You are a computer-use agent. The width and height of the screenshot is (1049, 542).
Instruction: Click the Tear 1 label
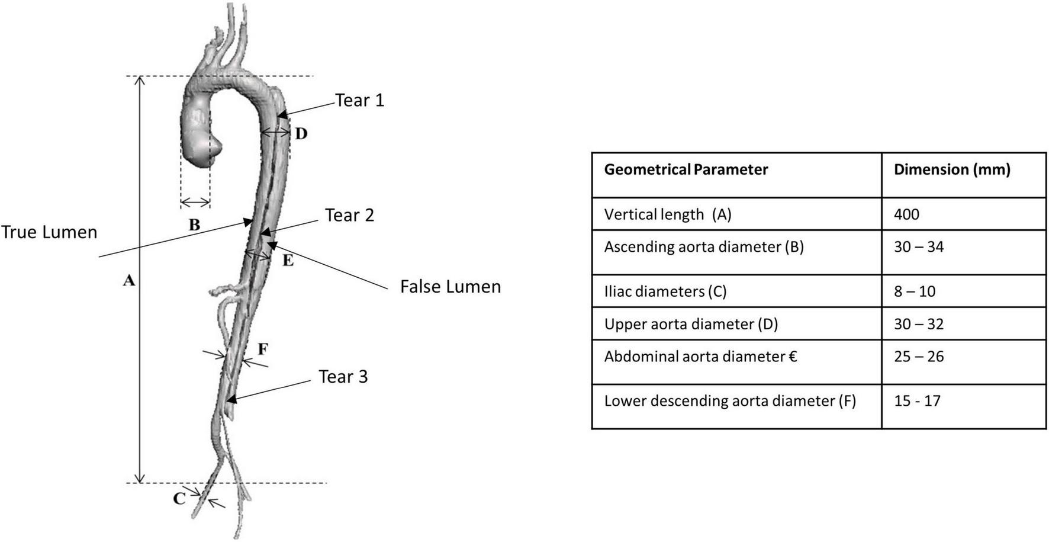pos(360,100)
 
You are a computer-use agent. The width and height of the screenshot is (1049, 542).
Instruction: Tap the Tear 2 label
pos(349,215)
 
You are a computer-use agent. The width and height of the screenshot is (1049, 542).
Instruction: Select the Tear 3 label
pos(343,377)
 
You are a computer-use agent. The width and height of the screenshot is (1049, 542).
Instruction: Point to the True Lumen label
pos(49,232)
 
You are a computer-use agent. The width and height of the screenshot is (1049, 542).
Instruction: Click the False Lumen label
pos(451,287)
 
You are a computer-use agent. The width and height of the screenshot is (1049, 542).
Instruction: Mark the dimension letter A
pos(129,280)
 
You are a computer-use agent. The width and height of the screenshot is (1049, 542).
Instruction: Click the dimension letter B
pos(194,225)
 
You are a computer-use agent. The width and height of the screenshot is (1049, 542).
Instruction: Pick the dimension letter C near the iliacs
pos(179,498)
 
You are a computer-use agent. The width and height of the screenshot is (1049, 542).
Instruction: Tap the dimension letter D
pos(301,134)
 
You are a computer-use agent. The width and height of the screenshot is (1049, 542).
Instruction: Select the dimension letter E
pos(288,260)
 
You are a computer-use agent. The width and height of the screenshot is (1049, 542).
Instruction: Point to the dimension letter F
pos(263,349)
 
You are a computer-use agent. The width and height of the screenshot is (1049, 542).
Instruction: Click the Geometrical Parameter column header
pos(686,169)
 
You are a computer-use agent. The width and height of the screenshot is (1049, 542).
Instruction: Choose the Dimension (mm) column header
pos(952,169)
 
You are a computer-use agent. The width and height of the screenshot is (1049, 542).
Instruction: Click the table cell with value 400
pos(906,214)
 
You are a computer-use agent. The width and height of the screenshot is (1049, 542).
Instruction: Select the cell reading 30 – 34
pos(919,246)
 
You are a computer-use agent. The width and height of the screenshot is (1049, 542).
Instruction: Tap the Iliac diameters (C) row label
pos(665,291)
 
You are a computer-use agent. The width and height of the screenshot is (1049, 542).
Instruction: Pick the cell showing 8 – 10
pos(915,291)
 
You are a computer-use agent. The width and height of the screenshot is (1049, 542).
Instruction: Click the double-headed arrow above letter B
pos(195,203)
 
